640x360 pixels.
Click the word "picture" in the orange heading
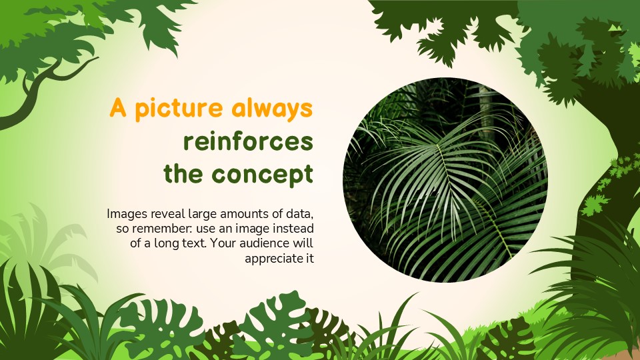tap(178, 109)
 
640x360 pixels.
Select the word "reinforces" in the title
tap(248, 141)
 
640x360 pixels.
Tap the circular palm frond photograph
tap(445, 180)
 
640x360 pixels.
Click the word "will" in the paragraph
tap(304, 243)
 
